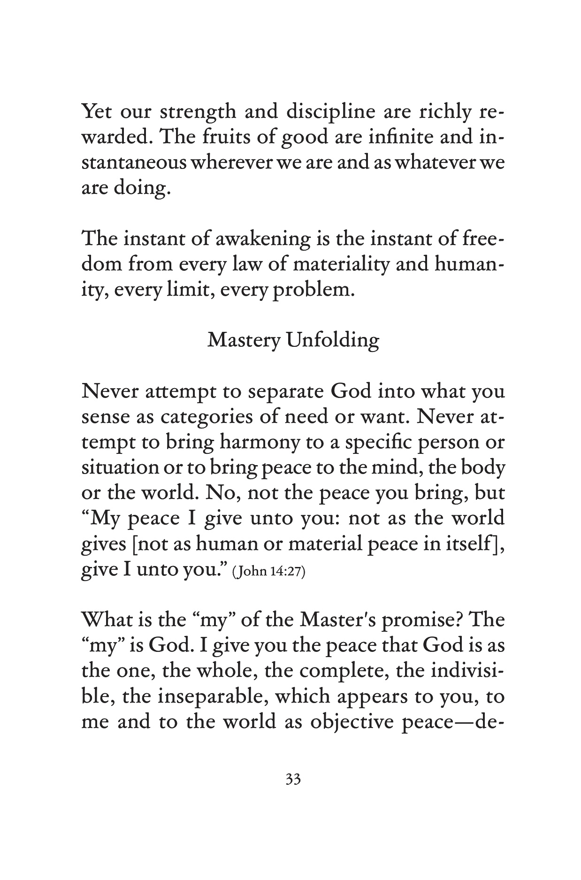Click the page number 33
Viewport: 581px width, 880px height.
click(x=293, y=780)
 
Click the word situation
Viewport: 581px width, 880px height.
click(x=120, y=467)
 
